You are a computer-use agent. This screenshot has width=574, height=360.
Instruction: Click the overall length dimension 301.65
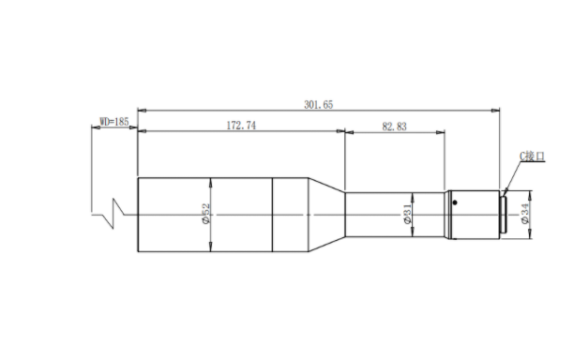(319, 105)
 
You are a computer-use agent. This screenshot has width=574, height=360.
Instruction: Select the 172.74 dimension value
(241, 126)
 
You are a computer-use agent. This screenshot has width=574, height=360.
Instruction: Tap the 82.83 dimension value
(394, 127)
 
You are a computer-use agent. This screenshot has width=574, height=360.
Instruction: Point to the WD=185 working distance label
(114, 122)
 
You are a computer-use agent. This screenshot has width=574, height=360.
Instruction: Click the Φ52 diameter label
(206, 214)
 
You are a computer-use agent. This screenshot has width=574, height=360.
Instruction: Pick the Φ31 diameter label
(407, 214)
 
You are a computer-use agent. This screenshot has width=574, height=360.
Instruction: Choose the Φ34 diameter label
(525, 214)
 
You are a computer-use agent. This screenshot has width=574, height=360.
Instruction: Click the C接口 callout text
(533, 157)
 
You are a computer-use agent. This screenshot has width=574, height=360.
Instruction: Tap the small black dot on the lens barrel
(455, 202)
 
